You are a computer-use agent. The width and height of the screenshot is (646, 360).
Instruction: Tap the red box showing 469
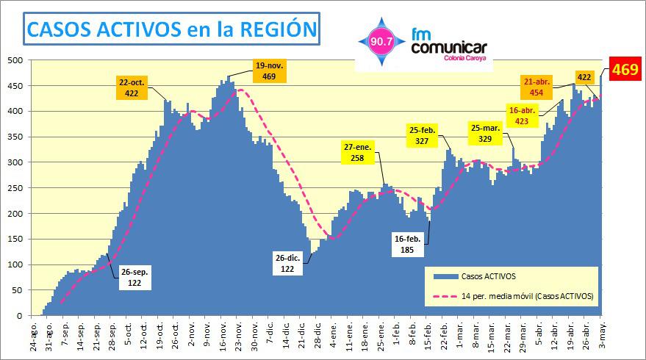(625, 71)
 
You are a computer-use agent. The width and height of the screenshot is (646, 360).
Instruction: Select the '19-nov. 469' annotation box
(270, 71)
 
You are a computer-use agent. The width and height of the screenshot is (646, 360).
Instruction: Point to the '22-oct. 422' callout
(132, 87)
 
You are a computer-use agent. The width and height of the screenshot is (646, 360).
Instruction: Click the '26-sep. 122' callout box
(136, 277)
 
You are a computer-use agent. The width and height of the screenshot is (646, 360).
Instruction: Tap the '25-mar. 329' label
(486, 134)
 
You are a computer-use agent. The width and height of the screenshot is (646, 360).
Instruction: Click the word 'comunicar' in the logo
(449, 48)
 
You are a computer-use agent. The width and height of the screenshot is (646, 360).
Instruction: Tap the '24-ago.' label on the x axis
(34, 335)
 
